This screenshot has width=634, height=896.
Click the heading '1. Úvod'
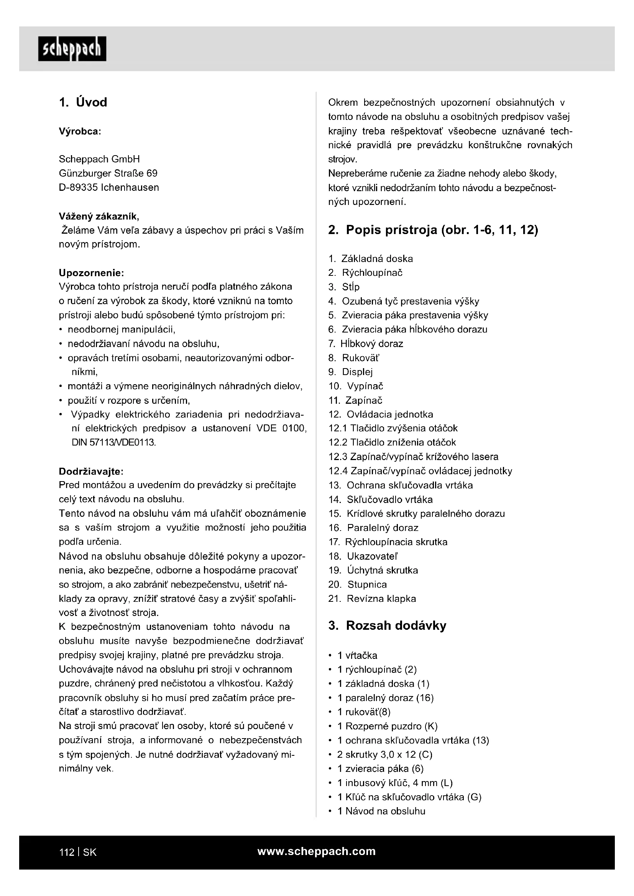(83, 102)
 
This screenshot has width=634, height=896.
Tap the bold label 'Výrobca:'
(80, 131)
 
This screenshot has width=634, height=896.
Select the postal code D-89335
(78, 187)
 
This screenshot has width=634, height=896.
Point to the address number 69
(152, 173)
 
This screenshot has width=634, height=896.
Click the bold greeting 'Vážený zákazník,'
(99, 216)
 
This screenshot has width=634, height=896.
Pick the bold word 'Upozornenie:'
(91, 272)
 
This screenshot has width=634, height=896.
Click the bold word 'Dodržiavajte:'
(91, 472)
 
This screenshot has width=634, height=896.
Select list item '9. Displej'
(351, 372)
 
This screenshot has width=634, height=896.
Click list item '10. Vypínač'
(356, 386)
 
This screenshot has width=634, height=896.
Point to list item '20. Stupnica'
(358, 584)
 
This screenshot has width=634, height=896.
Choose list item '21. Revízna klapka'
(372, 598)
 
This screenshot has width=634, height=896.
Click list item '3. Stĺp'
(344, 287)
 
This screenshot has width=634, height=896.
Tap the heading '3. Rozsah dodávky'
(387, 626)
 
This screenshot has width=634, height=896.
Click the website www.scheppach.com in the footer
(316, 851)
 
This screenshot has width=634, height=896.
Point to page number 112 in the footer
(66, 852)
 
